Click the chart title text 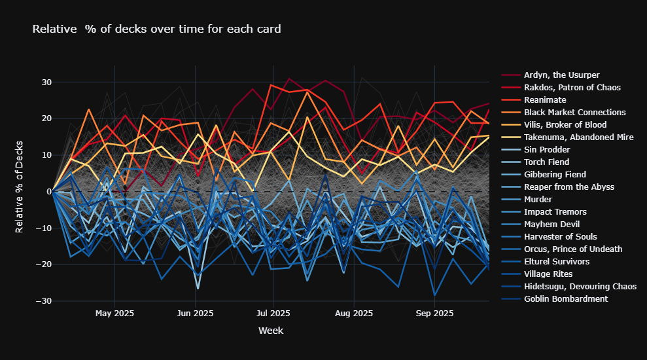[156, 29]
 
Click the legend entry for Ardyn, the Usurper [561, 75]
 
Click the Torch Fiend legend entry [546, 162]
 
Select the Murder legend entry [538, 200]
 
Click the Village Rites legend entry [548, 274]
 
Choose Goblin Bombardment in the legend [565, 299]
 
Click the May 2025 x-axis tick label [114, 314]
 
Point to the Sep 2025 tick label [434, 314]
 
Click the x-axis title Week [271, 331]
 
